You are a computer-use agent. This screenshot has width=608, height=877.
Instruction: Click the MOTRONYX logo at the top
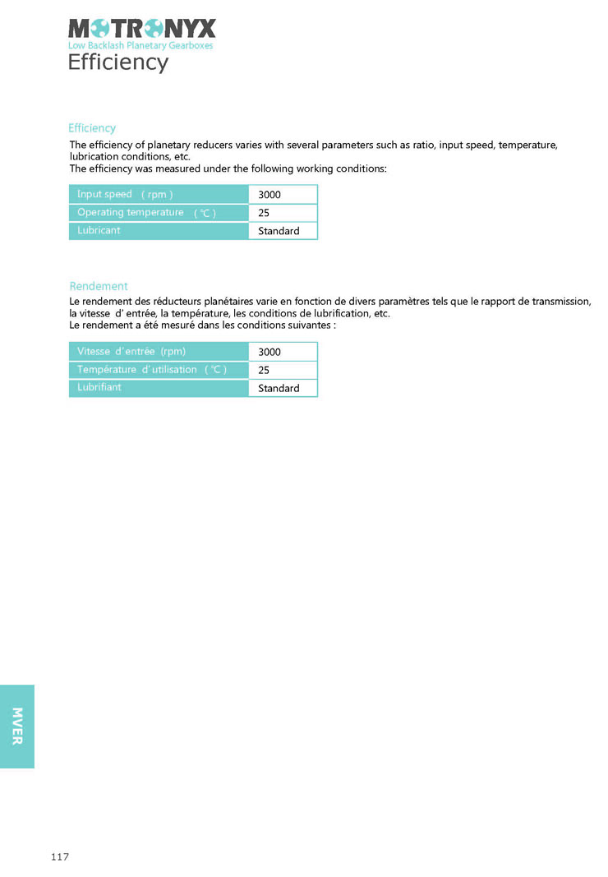pos(141,30)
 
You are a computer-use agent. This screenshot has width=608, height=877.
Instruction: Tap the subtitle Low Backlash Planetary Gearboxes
pos(140,46)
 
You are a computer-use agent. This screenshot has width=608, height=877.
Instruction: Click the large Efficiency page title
pos(117,62)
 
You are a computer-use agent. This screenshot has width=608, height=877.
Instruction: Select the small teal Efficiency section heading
pos(92,128)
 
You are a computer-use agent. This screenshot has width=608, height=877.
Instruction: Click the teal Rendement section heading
pos(99,286)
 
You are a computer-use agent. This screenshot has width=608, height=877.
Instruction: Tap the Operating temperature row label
pos(146,213)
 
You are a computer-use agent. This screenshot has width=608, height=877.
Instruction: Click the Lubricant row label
pos(99,230)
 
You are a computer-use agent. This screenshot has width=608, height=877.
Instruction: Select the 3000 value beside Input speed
pos(269,195)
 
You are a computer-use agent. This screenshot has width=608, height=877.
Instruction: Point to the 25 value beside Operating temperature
pos(264,213)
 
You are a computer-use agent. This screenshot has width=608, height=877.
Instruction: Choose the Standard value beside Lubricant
pos(279,231)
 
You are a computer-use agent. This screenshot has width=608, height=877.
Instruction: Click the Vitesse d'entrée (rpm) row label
pos(131,352)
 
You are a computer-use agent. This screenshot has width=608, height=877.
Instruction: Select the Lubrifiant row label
pos(99,387)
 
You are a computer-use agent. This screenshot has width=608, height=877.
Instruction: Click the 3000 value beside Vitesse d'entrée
pos(269,352)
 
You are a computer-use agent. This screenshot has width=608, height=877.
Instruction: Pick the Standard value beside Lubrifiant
pos(279,388)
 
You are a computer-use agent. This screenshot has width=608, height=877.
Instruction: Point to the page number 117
pos(59,857)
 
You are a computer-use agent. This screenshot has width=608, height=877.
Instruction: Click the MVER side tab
pos(17,726)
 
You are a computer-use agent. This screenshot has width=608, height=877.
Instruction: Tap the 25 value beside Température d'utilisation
pos(264,370)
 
